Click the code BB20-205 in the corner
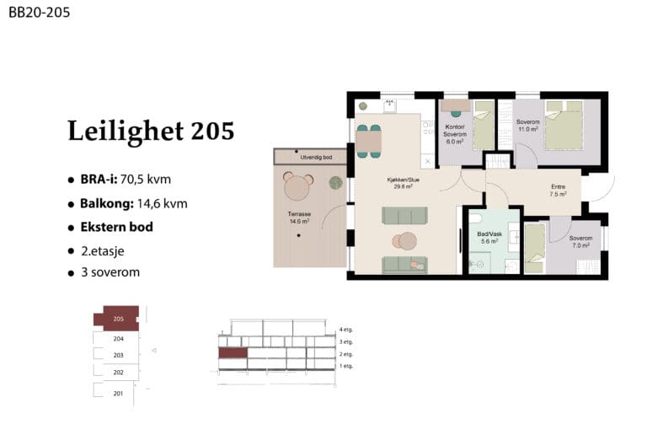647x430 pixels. coord(40,13)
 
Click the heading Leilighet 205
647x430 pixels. coord(151,131)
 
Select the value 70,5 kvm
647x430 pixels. coord(145,180)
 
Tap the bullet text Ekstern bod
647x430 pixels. coord(117,227)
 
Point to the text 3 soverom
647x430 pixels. coord(110,272)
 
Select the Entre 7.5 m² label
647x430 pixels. coord(558,190)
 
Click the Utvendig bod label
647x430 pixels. coord(316,158)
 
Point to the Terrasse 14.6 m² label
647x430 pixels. coord(299,218)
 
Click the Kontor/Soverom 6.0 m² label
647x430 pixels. coord(455,134)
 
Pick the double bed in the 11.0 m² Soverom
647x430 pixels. coord(564,125)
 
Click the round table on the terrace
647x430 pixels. coord(297,187)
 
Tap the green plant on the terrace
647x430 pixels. coord(336,183)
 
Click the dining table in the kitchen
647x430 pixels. coord(368,142)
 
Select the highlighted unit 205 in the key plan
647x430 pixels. coord(118,319)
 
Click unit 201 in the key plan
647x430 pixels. coord(118,393)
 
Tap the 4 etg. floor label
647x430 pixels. coord(346,330)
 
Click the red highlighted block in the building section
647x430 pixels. coord(233,352)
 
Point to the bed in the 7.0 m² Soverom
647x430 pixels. coord(535,248)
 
